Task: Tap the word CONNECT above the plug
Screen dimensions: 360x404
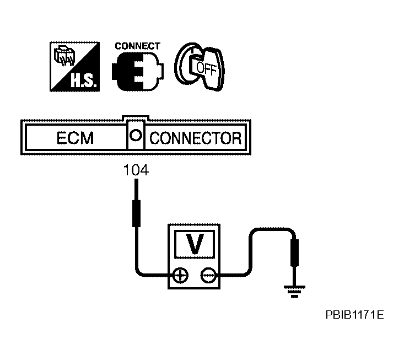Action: coord(137,46)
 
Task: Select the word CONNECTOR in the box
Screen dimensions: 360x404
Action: coord(196,138)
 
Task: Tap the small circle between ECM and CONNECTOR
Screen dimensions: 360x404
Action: coord(136,135)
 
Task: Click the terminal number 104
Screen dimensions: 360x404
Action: coord(135,171)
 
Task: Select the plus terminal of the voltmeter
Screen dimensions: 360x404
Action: coord(180,275)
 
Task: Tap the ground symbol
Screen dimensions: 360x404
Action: coord(294,291)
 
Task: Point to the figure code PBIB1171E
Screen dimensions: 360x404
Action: coord(354,315)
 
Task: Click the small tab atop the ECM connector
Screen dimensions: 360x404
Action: coord(136,119)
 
